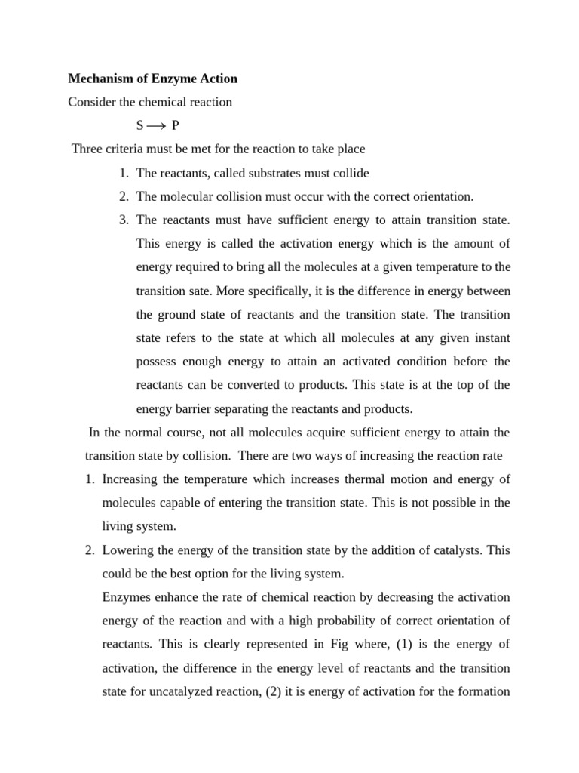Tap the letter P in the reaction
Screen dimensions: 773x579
coord(175,126)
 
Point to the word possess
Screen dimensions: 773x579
coord(156,361)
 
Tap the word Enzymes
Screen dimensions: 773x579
coord(126,597)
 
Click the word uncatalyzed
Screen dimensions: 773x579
coord(179,691)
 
